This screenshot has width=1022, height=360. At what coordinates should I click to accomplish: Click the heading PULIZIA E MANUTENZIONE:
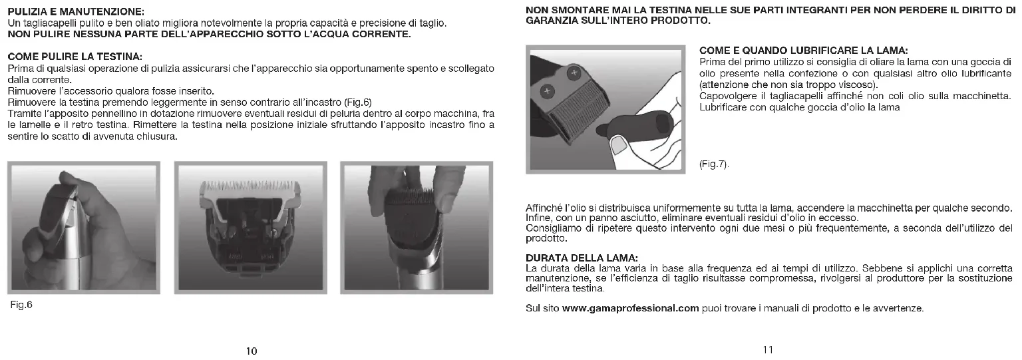click(x=76, y=11)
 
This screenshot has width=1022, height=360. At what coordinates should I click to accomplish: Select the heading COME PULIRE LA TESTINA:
click(x=75, y=57)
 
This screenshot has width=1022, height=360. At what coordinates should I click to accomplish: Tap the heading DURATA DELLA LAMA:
click(x=582, y=258)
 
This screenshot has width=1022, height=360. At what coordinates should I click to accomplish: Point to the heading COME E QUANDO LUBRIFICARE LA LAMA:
click(x=804, y=50)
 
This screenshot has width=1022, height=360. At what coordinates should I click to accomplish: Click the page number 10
click(x=252, y=351)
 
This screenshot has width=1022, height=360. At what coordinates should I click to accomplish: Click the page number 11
click(x=768, y=349)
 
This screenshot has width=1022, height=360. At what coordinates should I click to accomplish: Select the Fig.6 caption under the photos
click(x=21, y=305)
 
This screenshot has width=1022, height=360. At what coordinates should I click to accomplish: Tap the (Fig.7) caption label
click(x=714, y=164)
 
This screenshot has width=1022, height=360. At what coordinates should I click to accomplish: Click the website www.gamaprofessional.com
click(x=631, y=309)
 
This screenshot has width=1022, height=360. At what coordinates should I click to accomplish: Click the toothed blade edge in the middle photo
click(x=250, y=186)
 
